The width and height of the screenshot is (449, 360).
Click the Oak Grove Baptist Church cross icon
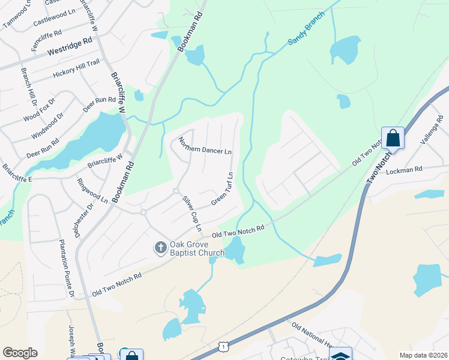click(160, 247)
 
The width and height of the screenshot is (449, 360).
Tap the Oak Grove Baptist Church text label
click(197, 248)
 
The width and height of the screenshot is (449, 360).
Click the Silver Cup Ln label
click(191, 213)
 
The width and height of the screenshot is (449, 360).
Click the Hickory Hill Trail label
click(76, 67)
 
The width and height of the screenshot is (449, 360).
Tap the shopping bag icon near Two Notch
click(393, 138)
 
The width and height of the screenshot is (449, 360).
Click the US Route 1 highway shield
click(223, 346)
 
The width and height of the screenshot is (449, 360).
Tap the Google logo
click(20, 353)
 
